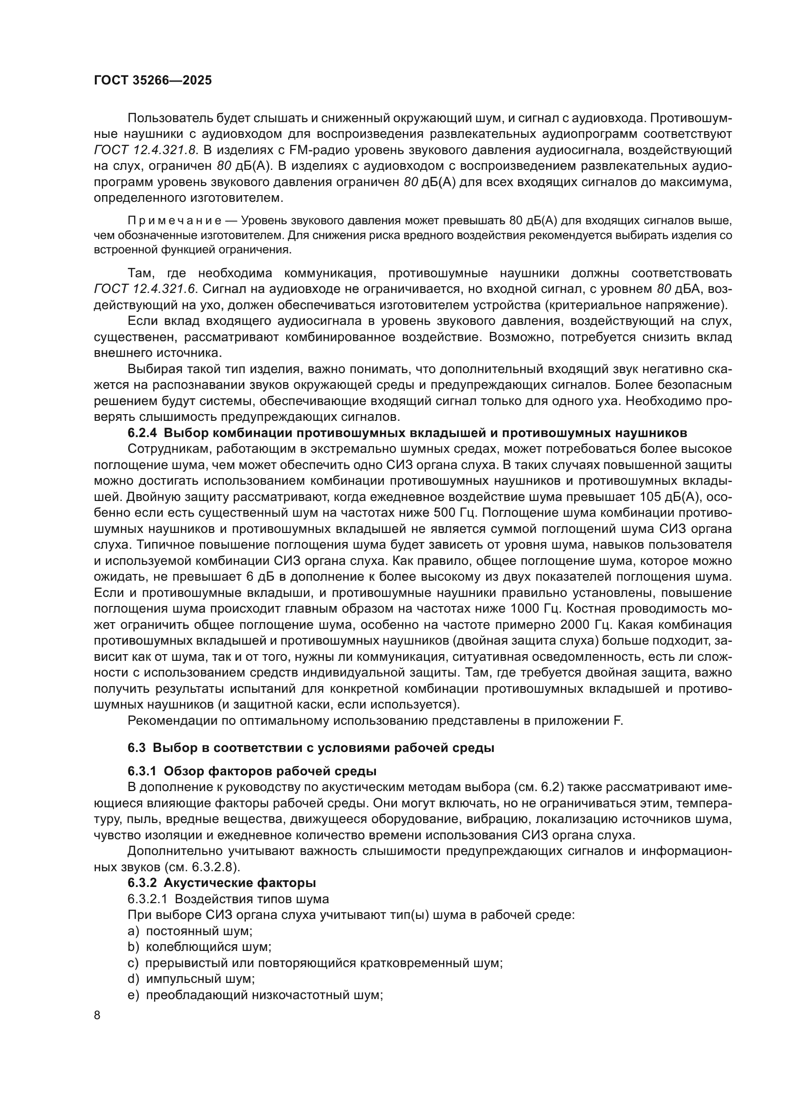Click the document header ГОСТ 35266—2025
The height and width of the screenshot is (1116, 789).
(153, 81)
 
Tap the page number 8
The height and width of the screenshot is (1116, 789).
(97, 1015)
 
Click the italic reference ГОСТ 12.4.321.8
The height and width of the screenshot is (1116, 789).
(144, 150)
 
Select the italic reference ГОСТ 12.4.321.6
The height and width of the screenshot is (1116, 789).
(144, 289)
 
